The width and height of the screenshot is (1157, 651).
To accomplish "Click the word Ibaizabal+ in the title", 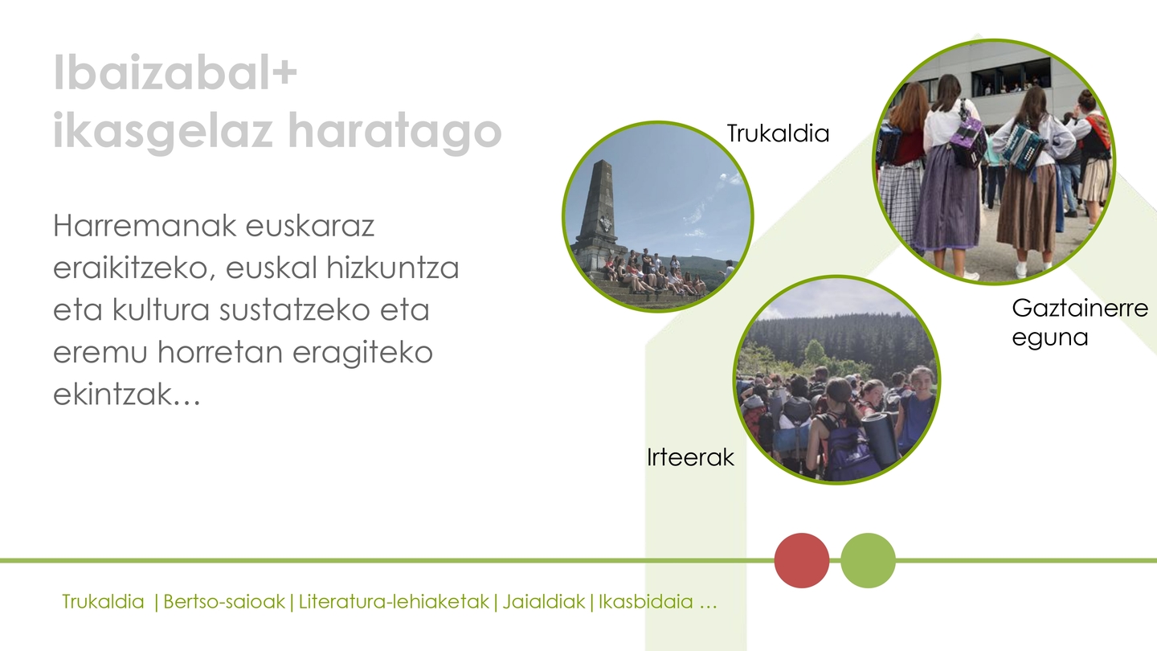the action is point(175,73).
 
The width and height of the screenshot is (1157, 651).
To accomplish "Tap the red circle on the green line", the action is point(802,561).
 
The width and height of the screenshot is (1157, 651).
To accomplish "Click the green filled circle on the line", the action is point(868,561).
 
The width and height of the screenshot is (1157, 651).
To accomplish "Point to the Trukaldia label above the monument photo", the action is point(778,133).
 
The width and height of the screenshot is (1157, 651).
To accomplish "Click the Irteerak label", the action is point(690,457).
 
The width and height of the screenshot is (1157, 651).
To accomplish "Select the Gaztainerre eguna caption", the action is point(1080,322).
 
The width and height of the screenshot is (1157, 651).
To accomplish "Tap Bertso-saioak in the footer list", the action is point(224,601).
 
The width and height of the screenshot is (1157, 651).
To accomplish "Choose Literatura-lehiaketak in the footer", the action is point(394,601).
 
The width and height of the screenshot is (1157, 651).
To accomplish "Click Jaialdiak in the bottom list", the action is point(544,601).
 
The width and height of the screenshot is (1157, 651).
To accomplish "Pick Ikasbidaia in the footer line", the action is point(646,601).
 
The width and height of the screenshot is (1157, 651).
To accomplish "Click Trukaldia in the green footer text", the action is point(103,601).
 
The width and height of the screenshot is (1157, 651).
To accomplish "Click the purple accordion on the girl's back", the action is point(969,138).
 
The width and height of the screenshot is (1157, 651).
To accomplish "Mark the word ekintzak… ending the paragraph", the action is point(127,394).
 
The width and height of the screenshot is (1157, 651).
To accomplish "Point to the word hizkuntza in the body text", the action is point(393,268).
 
